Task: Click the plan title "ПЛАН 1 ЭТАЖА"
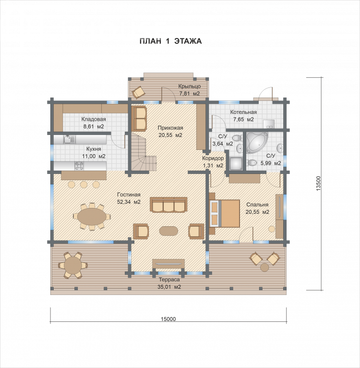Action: tap(170, 41)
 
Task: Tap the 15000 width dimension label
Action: tap(168, 319)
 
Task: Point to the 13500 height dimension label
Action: tap(318, 184)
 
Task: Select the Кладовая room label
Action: tap(94, 119)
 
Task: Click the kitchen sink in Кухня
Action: tap(70, 139)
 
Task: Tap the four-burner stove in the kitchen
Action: tap(79, 166)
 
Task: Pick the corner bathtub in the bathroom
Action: tap(257, 143)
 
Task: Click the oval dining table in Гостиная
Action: tap(92, 216)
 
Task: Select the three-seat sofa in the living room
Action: tap(168, 205)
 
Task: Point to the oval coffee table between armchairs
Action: tap(168, 231)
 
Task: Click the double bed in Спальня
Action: tap(225, 213)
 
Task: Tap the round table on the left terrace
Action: tap(73, 266)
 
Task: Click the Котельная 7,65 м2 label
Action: tap(243, 116)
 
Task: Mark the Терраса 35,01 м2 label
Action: tap(169, 283)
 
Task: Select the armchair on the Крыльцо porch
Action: tap(138, 92)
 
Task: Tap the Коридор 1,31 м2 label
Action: tap(213, 162)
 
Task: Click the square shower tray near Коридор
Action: tap(236, 163)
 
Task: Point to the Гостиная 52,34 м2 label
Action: tap(129, 198)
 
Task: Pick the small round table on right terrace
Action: tap(264, 267)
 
